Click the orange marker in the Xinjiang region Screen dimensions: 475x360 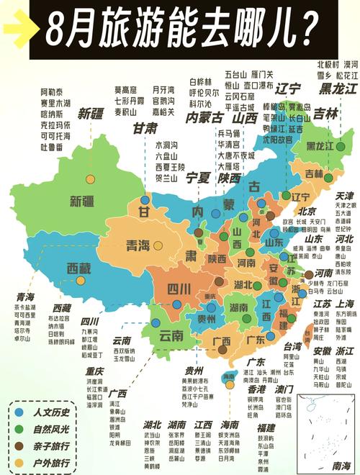pos(90,179)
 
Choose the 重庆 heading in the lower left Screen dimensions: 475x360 pos(94,371)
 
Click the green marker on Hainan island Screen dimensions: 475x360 pos(228,376)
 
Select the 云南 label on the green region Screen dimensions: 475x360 pos(171,335)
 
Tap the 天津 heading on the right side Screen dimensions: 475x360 pos(344,195)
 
